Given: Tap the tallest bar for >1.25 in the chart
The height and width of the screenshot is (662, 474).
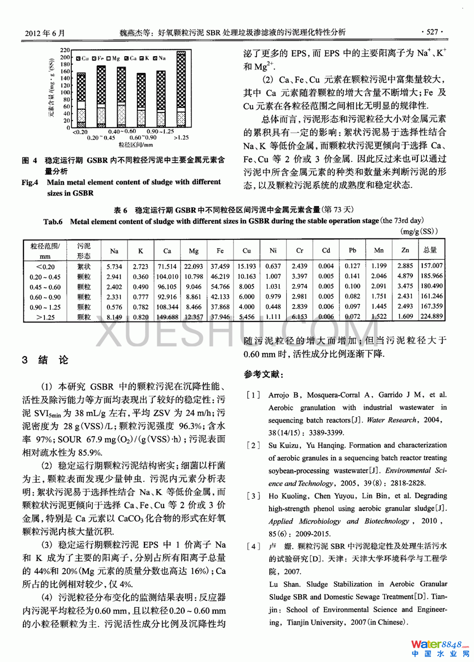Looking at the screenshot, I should pos(181,88).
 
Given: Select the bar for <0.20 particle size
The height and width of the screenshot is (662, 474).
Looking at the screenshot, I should pos(81,100).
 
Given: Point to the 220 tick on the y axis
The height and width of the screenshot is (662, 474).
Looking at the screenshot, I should pos(65,50).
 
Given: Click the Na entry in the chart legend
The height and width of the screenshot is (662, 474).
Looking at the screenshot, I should pos(159,58).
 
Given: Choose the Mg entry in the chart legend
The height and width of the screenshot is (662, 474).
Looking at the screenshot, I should pos(113,58).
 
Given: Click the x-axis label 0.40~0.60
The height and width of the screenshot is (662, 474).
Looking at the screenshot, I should pos(122,131).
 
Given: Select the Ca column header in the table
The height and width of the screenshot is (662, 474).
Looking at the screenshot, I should pos(167,251).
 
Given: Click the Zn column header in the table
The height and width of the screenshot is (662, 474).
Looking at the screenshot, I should pos(405,250).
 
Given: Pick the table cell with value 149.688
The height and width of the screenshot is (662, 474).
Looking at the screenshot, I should pos(167,317).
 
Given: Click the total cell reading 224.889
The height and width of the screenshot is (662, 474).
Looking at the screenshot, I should pos(431,317).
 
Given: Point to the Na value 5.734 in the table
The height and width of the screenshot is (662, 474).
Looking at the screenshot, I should pos(114,266).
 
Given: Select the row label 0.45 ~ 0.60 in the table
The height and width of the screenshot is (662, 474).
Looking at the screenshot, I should pos(45,287).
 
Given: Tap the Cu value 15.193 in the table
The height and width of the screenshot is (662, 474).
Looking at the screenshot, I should pos(247,266).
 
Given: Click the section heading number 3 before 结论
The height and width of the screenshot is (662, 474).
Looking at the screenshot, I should pos(25,360).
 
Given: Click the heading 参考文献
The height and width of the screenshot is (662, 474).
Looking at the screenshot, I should pos(263,374).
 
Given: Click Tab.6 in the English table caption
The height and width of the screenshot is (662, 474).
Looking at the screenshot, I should pos(53,221).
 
